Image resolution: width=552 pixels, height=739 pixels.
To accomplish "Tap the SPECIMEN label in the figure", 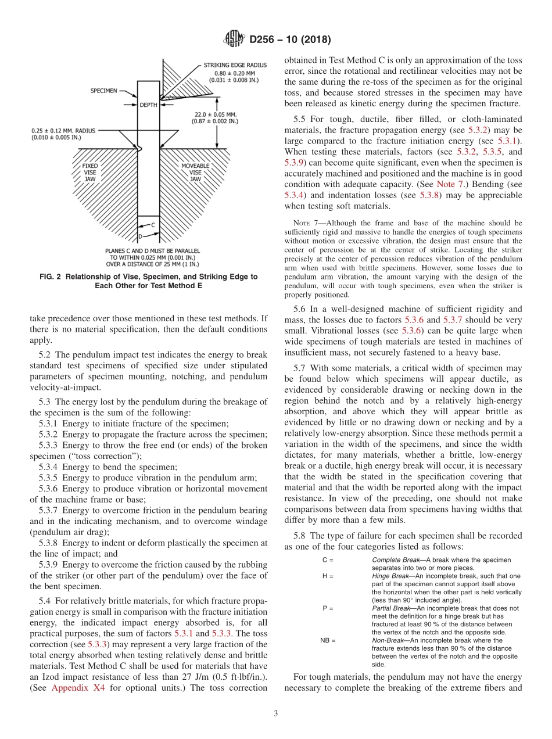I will click(x=103, y=91).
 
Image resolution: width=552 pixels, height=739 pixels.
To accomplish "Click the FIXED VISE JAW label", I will click(x=90, y=172).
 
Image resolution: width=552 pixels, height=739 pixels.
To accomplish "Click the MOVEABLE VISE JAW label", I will click(x=195, y=172).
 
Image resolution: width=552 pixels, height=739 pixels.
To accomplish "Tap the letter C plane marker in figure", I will click(x=152, y=224).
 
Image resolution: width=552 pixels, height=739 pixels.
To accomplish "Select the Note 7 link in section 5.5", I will click(x=448, y=185).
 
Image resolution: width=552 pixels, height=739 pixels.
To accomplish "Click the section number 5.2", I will click(x=46, y=354).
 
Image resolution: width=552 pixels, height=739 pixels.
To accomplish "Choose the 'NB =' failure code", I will click(x=328, y=640).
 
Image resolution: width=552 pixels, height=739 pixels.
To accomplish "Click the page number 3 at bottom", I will click(x=275, y=714).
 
